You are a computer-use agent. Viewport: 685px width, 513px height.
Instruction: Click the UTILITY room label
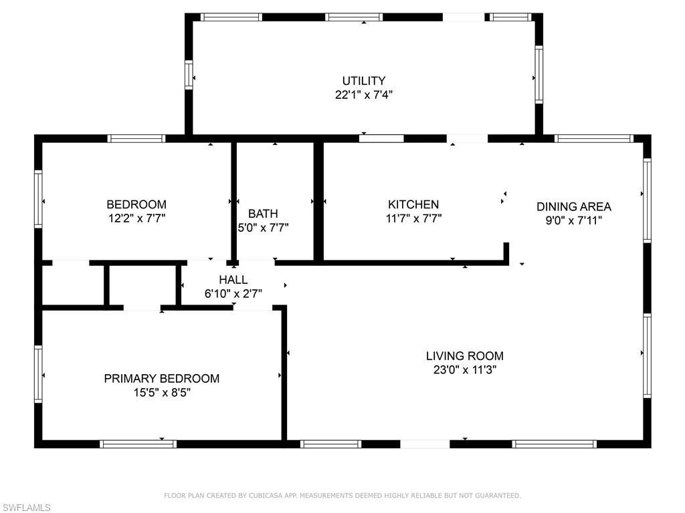(363, 81)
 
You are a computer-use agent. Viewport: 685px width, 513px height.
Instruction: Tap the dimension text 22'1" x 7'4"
(363, 95)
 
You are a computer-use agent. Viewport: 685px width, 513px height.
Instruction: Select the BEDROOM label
(136, 204)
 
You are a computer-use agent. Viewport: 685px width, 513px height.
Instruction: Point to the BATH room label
(263, 214)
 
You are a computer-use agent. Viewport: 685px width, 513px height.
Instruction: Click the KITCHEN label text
(413, 204)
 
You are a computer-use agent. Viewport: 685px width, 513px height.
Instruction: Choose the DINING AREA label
(573, 206)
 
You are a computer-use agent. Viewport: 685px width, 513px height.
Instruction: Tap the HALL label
(233, 280)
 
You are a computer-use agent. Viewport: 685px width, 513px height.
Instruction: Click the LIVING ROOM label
(464, 356)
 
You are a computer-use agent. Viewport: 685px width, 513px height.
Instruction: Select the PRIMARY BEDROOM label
(161, 379)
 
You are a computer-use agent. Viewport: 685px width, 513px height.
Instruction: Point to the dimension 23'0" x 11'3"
(464, 369)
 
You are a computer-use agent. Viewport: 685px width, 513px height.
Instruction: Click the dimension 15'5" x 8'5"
(161, 393)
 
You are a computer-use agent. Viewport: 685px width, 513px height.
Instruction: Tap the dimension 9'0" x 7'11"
(573, 220)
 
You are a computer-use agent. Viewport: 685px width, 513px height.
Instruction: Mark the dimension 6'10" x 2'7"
(233, 293)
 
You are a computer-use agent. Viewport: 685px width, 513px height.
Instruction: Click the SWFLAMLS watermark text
(26, 508)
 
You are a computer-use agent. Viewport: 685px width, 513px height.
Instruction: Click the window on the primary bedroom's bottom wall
(138, 444)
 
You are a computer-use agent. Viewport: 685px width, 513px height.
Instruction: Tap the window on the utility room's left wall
(189, 75)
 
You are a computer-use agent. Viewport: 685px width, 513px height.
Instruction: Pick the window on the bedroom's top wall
(136, 139)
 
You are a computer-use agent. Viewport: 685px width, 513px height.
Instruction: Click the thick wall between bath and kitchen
(318, 200)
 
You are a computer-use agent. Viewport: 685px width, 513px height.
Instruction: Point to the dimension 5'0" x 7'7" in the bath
(263, 228)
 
